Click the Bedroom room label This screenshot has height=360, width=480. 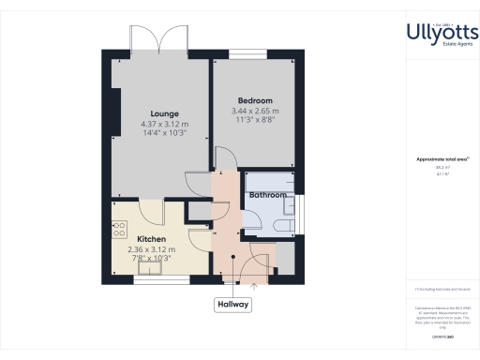(x=255, y=101)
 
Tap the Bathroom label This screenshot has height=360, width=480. (x=268, y=195)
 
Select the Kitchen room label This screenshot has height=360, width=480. (x=152, y=239)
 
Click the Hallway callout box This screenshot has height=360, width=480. (x=232, y=304)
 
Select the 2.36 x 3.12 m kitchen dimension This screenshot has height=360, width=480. (x=152, y=249)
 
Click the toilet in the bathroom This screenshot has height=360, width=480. (x=282, y=226)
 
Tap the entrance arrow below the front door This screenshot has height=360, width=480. (x=254, y=287)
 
